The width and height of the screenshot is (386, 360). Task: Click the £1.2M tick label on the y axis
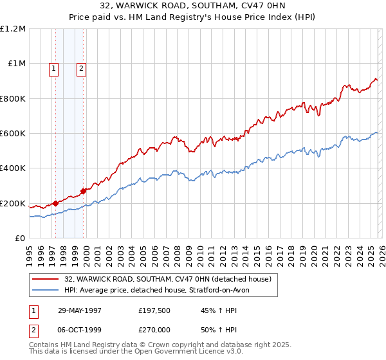(x=13, y=29)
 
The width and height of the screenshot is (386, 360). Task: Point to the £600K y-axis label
(x=13, y=134)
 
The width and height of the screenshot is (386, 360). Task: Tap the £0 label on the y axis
(x=20, y=239)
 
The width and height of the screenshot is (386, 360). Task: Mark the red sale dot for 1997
(x=56, y=204)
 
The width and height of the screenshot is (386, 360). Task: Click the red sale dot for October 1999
(x=83, y=191)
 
